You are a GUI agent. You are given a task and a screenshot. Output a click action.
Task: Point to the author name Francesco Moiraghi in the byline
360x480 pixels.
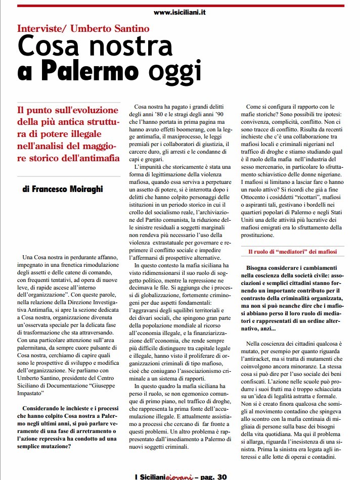[x=70, y=190]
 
